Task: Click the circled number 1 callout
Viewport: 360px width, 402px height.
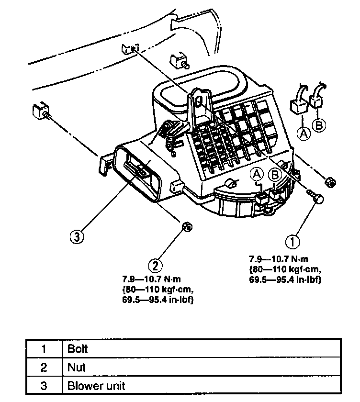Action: pyautogui.click(x=292, y=242)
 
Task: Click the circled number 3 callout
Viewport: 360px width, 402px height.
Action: pyautogui.click(x=77, y=236)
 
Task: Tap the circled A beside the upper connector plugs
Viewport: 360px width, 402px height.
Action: pyautogui.click(x=304, y=134)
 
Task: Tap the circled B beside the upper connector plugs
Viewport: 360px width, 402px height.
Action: pyautogui.click(x=319, y=125)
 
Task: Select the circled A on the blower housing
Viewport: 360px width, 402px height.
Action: pyautogui.click(x=257, y=174)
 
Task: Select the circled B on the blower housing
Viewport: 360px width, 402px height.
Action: pyautogui.click(x=275, y=175)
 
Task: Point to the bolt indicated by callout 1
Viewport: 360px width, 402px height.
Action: pyautogui.click(x=315, y=196)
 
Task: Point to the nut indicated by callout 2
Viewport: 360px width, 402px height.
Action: pyautogui.click(x=187, y=227)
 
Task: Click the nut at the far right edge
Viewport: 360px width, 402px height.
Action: pyautogui.click(x=330, y=182)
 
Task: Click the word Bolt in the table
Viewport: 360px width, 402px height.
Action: pyautogui.click(x=77, y=349)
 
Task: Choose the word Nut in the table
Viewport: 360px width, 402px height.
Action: pyautogui.click(x=76, y=368)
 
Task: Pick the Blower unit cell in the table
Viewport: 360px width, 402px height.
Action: pyautogui.click(x=202, y=386)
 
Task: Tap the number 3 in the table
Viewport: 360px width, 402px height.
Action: pyautogui.click(x=44, y=386)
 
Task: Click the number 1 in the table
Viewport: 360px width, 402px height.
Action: pyautogui.click(x=44, y=349)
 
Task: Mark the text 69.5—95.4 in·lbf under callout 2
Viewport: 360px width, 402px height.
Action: pyautogui.click(x=157, y=300)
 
